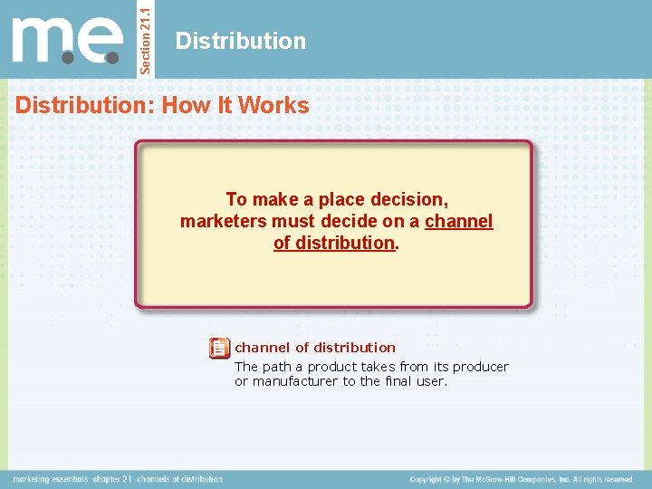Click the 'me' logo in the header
click(x=68, y=40)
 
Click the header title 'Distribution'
click(x=241, y=41)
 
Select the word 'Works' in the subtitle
click(x=281, y=105)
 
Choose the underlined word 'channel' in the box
click(x=459, y=221)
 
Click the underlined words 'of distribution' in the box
click(x=334, y=243)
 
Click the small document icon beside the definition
click(x=219, y=348)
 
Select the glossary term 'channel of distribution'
click(x=315, y=347)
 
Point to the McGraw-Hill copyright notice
click(x=522, y=479)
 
